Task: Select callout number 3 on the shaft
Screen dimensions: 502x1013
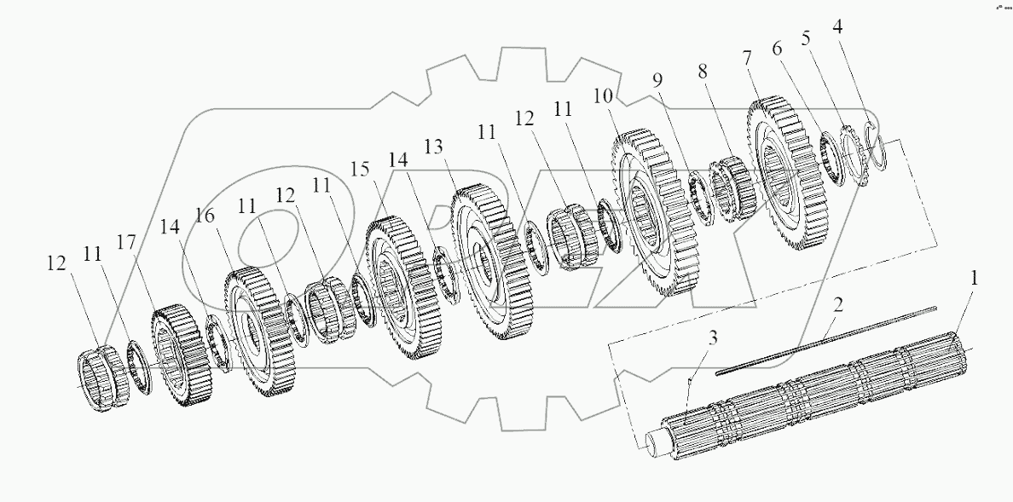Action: tap(714, 338)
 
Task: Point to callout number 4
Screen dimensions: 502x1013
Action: tap(839, 26)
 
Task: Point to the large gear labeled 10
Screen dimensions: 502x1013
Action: tap(652, 213)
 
